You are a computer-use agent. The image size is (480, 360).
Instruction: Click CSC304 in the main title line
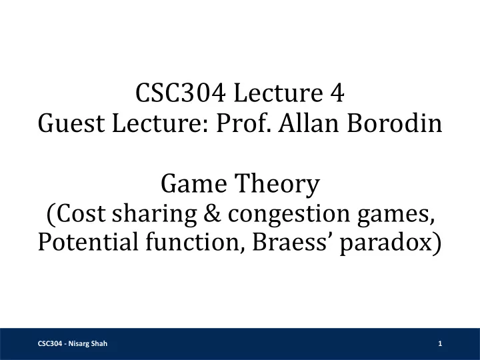coord(181,93)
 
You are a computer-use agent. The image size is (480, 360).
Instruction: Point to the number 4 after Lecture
coord(337,93)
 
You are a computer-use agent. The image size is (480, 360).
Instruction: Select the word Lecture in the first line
coord(278,93)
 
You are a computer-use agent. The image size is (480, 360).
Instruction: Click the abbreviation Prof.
coord(243,123)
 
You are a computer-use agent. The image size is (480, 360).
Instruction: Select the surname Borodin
coord(395,123)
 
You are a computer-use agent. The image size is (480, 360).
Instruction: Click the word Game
coord(194,183)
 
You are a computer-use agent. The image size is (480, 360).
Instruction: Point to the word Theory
coord(277,185)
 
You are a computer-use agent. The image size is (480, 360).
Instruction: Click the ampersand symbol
coord(212,213)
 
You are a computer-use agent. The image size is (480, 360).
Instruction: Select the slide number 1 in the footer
coord(440,343)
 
